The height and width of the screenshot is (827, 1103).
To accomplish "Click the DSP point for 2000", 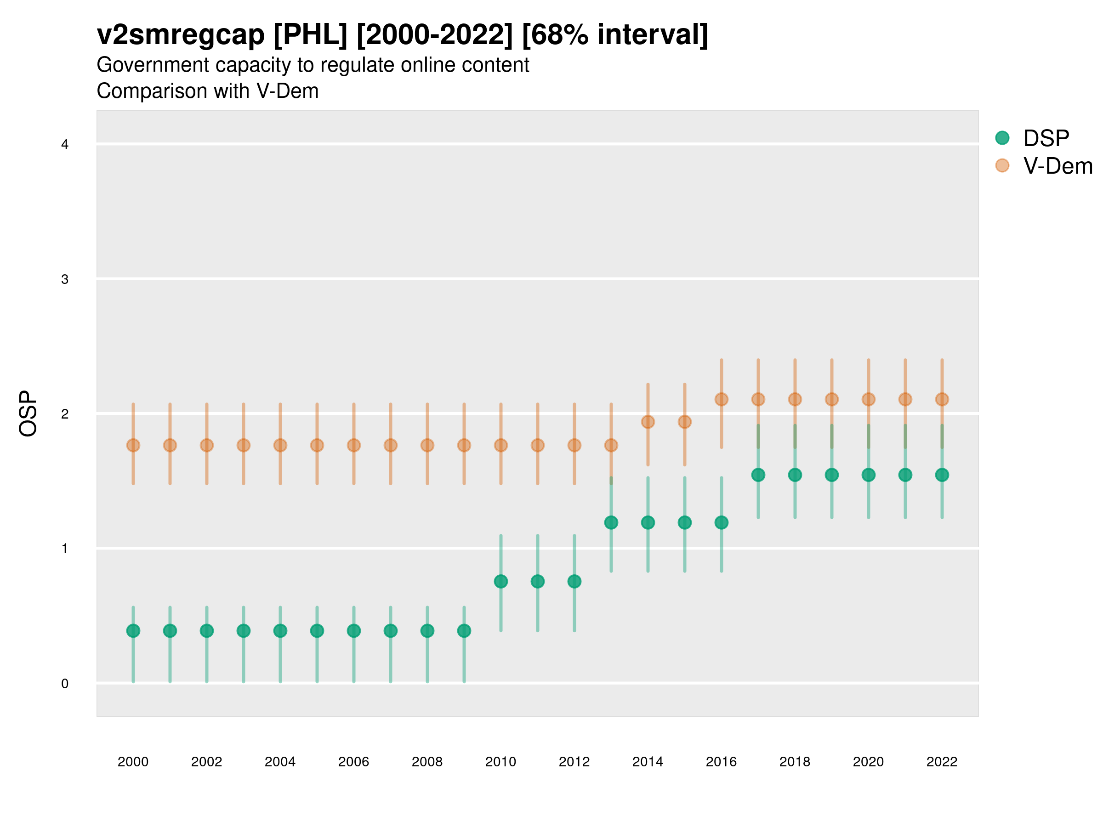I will pyautogui.click(x=133, y=631).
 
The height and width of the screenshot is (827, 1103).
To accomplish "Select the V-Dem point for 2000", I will pyautogui.click(x=133, y=445).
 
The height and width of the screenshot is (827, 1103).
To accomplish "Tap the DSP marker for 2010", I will pyautogui.click(x=500, y=581).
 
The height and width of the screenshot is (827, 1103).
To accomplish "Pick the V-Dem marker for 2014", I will pyautogui.click(x=648, y=422).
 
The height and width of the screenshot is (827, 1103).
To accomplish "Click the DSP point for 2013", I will pyautogui.click(x=611, y=522).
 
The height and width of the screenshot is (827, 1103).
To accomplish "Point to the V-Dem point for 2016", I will pyautogui.click(x=721, y=399).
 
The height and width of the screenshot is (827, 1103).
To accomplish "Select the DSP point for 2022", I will pyautogui.click(x=942, y=475).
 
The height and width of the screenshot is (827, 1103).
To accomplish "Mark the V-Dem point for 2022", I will pyautogui.click(x=942, y=399).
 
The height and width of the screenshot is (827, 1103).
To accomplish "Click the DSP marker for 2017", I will pyautogui.click(x=758, y=475).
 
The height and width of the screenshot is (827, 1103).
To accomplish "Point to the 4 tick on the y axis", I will pyautogui.click(x=65, y=145).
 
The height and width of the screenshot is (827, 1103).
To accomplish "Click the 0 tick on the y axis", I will pyautogui.click(x=65, y=684).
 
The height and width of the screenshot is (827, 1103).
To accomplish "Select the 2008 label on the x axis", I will pyautogui.click(x=427, y=762).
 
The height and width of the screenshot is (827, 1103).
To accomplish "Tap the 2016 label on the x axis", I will pyautogui.click(x=721, y=762).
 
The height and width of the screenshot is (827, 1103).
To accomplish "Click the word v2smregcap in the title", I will pyautogui.click(x=181, y=35).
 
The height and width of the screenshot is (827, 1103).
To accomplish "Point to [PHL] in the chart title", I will pyautogui.click(x=310, y=35).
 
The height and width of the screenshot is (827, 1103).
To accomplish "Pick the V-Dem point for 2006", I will pyautogui.click(x=353, y=445).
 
